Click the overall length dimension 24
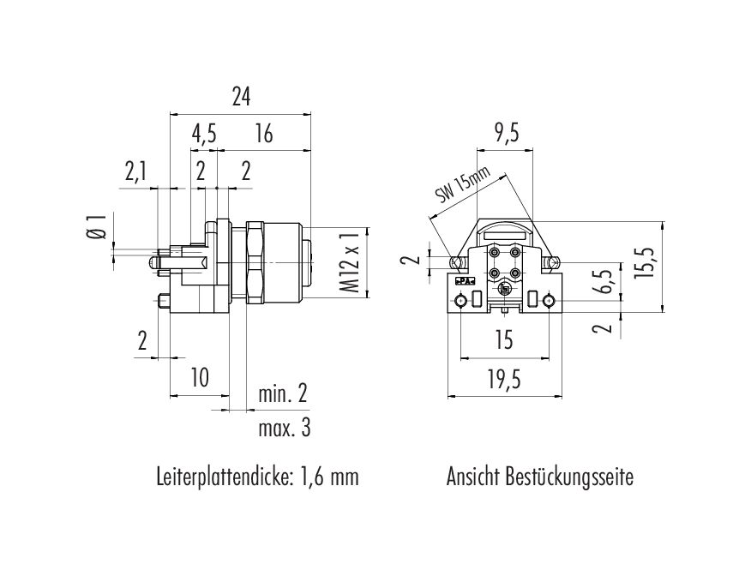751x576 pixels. click(241, 97)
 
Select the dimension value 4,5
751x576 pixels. click(203, 134)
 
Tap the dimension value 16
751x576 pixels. click(263, 134)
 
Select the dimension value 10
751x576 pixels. click(200, 377)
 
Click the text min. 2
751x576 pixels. click(283, 394)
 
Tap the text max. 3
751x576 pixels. click(285, 428)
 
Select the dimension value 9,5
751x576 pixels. click(507, 134)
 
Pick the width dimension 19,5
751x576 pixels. click(504, 381)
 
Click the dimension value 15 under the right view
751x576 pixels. click(504, 339)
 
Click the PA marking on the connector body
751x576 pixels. click(464, 281)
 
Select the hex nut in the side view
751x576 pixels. click(255, 262)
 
